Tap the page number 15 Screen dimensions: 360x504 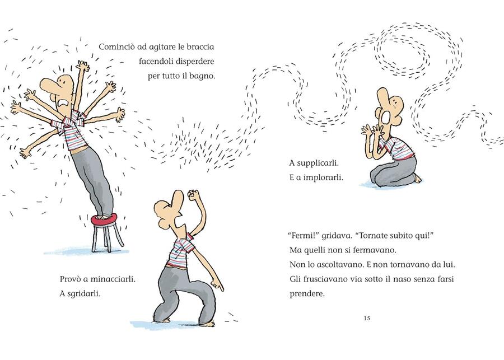pos(367,319)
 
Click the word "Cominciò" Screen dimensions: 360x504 pos(116,47)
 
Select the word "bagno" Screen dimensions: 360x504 pos(202,75)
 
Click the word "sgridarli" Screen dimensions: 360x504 pos(85,292)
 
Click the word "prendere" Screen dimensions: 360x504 pos(307,293)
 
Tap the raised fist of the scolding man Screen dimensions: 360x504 pos(193,196)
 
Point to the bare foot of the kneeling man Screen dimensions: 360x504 pos(418,179)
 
